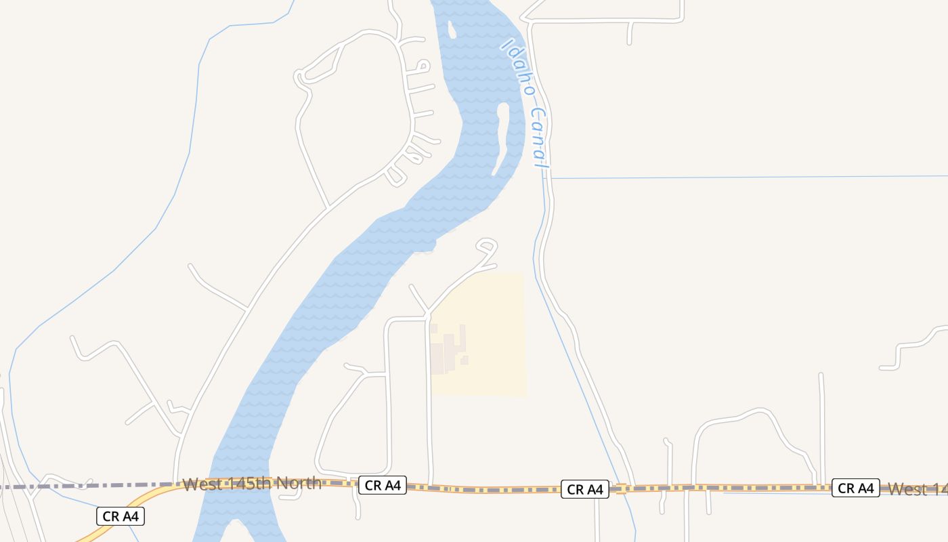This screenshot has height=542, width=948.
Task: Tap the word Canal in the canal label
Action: [539, 138]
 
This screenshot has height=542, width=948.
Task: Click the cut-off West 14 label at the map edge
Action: [917, 488]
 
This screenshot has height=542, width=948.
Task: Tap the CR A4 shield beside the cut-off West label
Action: [855, 488]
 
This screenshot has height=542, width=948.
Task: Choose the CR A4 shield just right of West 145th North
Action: [382, 485]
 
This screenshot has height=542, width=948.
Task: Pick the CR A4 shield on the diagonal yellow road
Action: [121, 516]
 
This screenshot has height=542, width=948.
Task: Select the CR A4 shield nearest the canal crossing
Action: [584, 489]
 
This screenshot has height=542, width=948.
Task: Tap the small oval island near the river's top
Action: [452, 30]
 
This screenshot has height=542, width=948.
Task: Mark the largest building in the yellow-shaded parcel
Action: [437, 358]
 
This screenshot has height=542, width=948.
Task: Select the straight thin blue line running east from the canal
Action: [745, 177]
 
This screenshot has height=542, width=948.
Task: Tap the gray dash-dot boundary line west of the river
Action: [102, 486]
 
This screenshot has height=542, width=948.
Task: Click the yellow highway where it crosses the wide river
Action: [237, 482]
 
